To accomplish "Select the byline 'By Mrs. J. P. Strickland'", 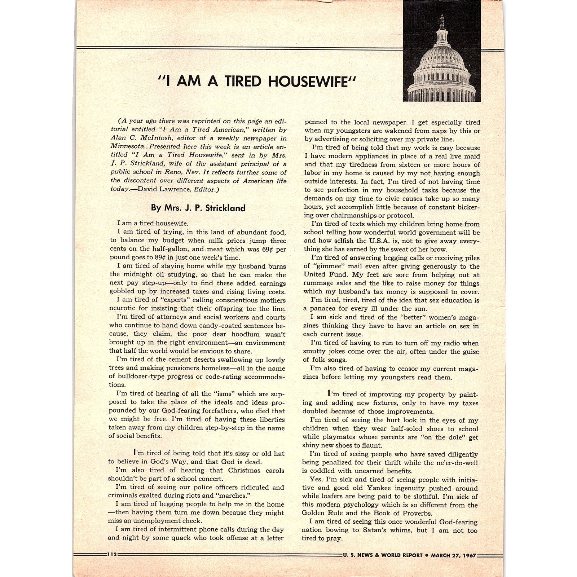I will (198, 208).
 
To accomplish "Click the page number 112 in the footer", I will (112, 555).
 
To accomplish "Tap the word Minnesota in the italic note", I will (128, 147).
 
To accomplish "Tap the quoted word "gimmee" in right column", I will (328, 267).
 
